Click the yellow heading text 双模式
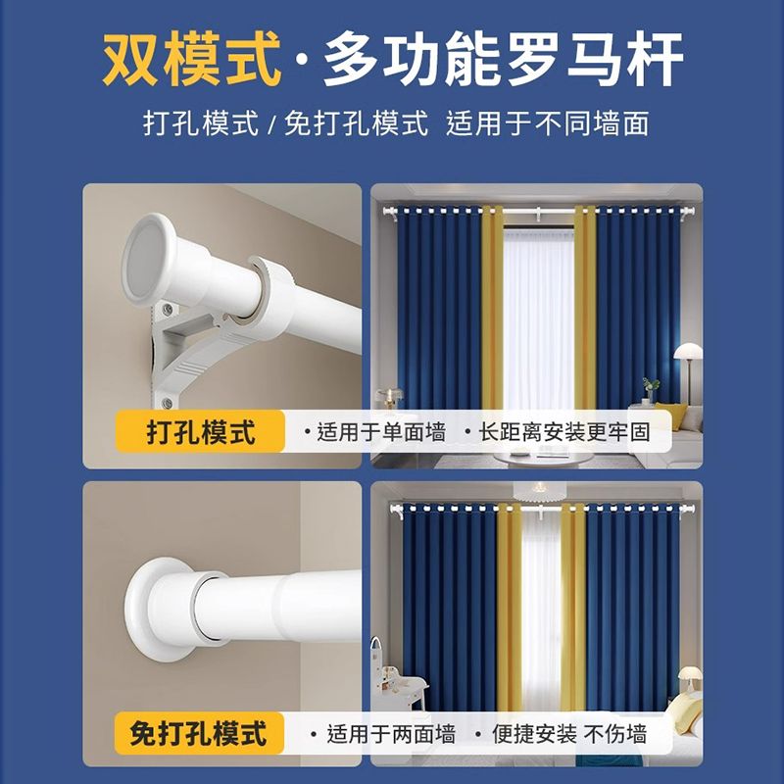click(191, 60)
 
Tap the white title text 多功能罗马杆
click(504, 60)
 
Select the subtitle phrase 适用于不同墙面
click(548, 123)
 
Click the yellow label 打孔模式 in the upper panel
click(201, 432)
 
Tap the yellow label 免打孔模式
click(199, 733)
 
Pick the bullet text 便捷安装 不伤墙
click(569, 734)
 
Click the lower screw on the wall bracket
click(167, 402)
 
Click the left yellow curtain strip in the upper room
click(493, 308)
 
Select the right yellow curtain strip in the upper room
click(585, 308)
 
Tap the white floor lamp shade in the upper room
click(688, 351)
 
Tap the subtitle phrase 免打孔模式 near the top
click(357, 123)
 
